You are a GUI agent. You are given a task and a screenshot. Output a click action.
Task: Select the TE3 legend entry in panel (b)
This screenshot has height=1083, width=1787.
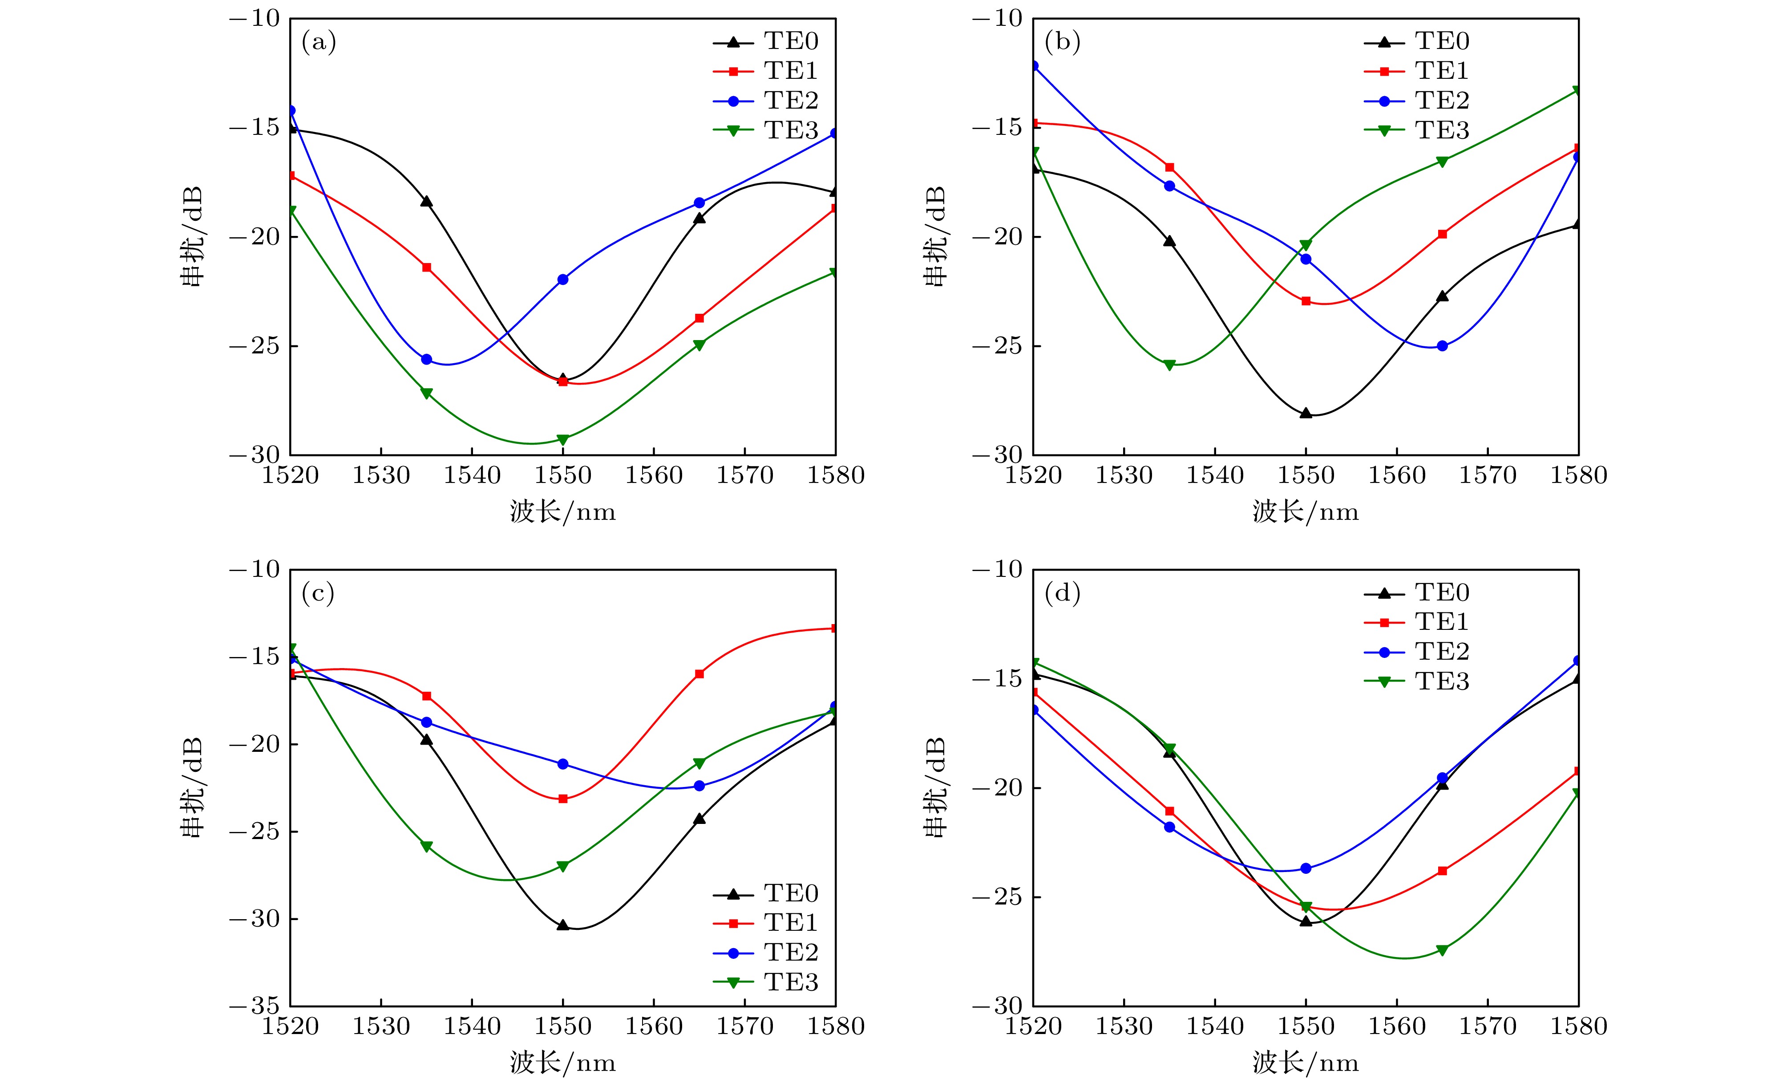click(1441, 130)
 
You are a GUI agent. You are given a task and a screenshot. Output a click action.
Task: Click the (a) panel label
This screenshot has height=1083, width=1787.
click(319, 43)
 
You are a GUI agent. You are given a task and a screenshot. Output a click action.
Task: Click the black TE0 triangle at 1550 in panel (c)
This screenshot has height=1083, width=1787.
click(563, 925)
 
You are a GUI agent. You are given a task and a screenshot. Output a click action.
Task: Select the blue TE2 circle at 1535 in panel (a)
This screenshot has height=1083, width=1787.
click(426, 359)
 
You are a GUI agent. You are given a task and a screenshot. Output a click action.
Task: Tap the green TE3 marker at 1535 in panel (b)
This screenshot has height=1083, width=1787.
click(1169, 365)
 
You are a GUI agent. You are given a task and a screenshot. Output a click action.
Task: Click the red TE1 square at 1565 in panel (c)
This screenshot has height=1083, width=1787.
click(699, 674)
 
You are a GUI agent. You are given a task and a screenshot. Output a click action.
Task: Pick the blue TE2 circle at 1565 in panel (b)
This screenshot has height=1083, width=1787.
click(1442, 346)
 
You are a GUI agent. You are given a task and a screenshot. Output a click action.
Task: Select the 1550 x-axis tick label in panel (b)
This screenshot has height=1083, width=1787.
click(1306, 475)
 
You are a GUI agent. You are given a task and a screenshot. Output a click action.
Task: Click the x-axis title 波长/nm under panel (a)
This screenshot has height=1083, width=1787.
click(563, 512)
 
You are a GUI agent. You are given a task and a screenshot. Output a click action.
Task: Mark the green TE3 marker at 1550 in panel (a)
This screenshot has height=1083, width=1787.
click(563, 440)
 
